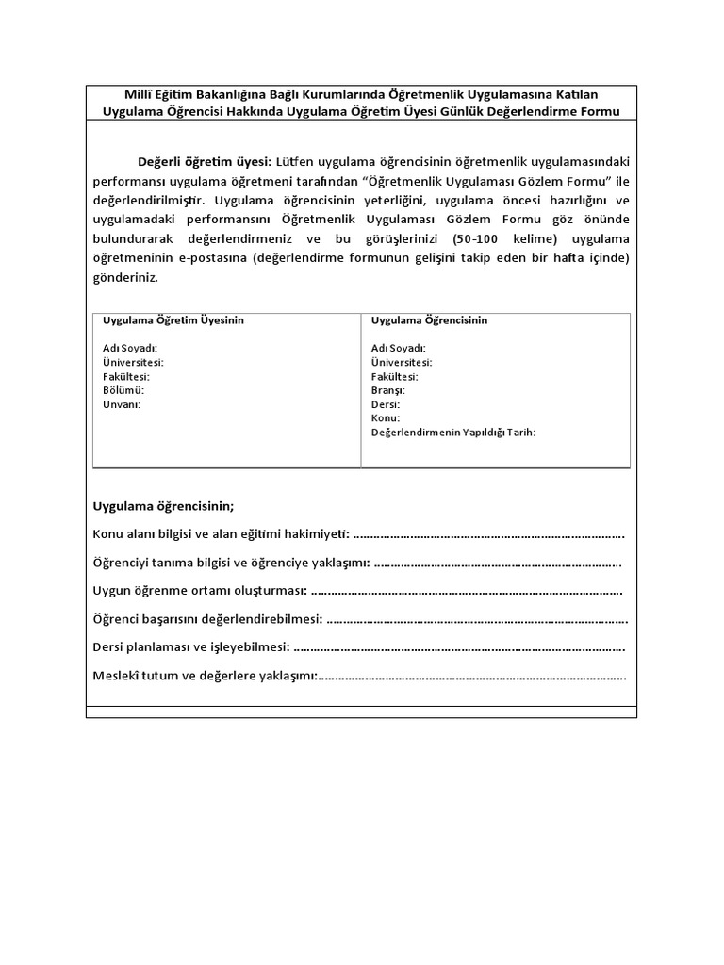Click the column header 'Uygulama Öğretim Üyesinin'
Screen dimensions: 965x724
pyautogui.click(x=173, y=320)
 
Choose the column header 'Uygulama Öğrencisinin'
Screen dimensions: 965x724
pyautogui.click(x=429, y=320)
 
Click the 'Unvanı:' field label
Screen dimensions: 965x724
pyautogui.click(x=121, y=404)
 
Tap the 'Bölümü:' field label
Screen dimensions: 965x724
pyautogui.click(x=123, y=390)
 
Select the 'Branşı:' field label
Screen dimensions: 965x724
pyautogui.click(x=387, y=390)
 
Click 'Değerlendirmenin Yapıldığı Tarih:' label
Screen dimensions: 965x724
pyautogui.click(x=452, y=433)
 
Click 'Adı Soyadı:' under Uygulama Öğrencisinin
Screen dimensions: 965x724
pyautogui.click(x=398, y=348)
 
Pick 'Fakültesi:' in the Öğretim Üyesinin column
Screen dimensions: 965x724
pyautogui.click(x=126, y=376)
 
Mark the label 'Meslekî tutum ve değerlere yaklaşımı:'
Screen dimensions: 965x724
pyautogui.click(x=205, y=677)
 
